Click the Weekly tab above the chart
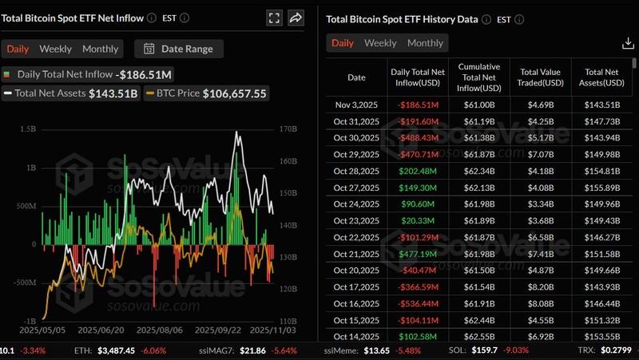(55, 49)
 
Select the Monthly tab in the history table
(425, 43)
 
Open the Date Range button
(179, 49)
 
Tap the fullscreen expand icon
(274, 18)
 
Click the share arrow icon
(296, 18)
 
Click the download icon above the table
(628, 43)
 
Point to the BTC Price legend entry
(212, 93)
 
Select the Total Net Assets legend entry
(71, 93)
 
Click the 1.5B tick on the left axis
(27, 129)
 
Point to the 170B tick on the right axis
(288, 129)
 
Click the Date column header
(356, 77)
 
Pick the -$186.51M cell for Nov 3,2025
(418, 104)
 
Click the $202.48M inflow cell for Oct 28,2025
(418, 171)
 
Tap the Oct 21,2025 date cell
(356, 254)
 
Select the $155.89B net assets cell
(603, 188)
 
